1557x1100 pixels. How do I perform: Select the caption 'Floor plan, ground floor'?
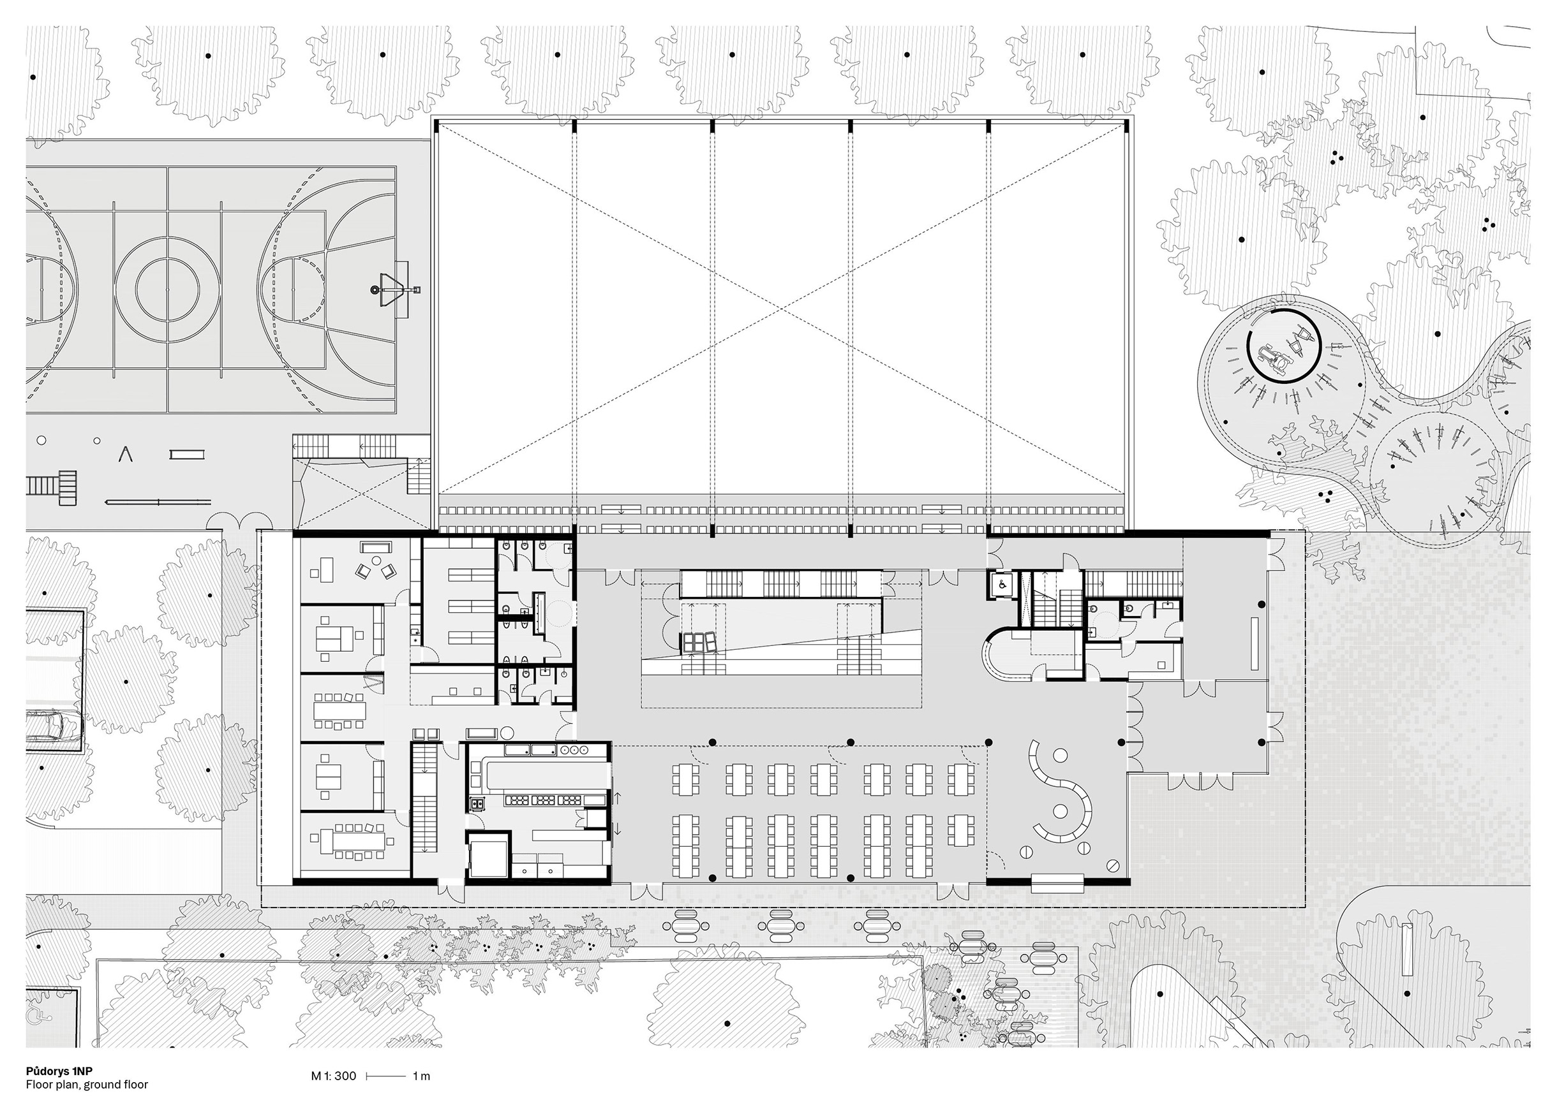click(87, 1085)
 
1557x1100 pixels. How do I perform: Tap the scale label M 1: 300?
click(334, 1076)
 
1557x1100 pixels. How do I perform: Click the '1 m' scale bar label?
click(421, 1076)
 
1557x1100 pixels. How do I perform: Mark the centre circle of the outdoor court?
click(167, 290)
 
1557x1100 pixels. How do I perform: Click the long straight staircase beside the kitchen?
click(426, 798)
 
